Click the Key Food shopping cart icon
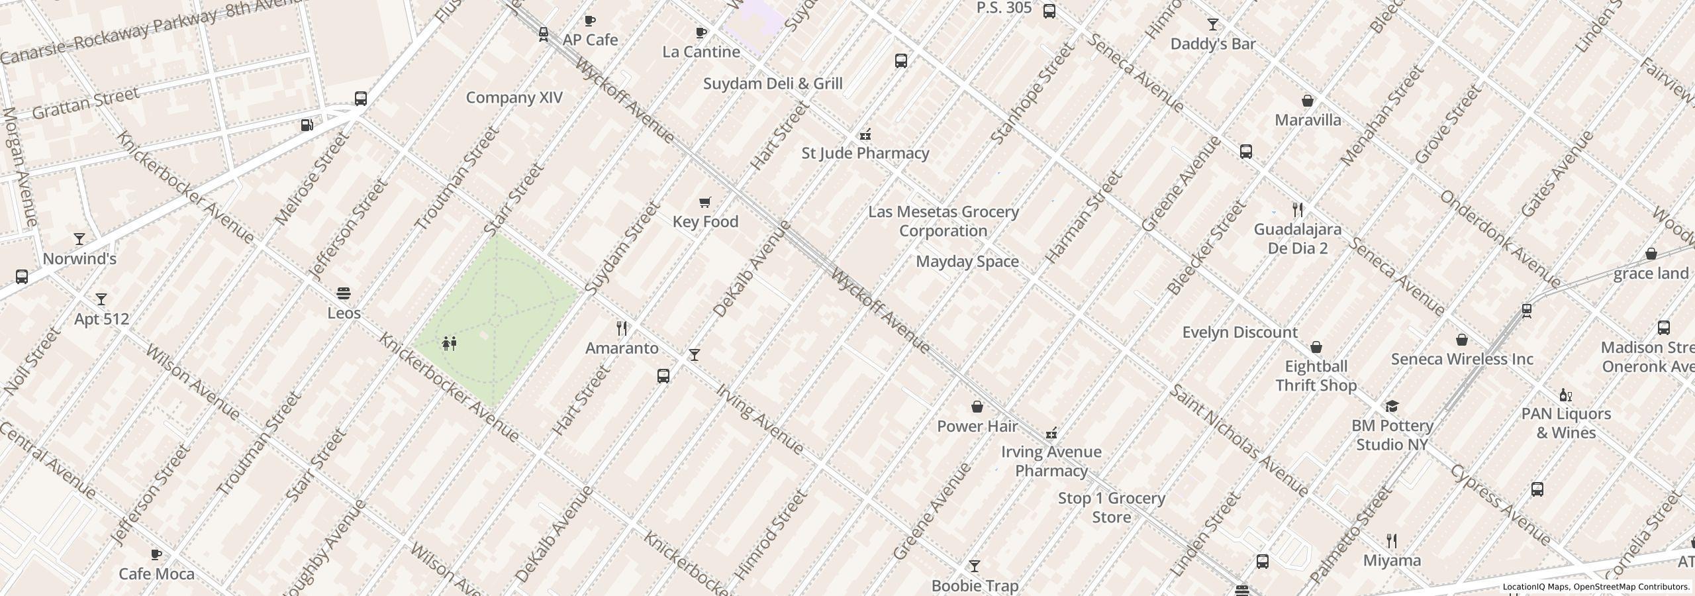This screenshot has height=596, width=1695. [x=705, y=203]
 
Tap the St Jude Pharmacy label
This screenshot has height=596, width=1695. [x=865, y=153]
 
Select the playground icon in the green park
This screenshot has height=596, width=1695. [x=450, y=344]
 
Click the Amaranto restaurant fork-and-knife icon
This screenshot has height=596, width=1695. [x=622, y=328]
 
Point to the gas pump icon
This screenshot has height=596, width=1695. [x=307, y=124]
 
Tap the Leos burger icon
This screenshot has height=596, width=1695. [x=344, y=293]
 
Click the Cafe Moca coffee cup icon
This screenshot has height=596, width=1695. [x=156, y=554]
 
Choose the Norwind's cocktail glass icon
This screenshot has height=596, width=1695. [x=79, y=239]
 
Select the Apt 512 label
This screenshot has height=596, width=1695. [x=101, y=319]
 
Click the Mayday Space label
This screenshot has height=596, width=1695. [x=967, y=262]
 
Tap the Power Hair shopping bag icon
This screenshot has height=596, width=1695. [x=977, y=407]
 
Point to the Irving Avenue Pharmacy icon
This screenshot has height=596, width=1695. [x=1051, y=434]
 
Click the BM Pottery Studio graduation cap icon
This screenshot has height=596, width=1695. [x=1392, y=406]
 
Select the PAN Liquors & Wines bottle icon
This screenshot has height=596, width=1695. [x=1565, y=395]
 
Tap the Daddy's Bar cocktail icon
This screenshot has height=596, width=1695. [x=1212, y=25]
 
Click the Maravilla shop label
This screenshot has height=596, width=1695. [x=1308, y=120]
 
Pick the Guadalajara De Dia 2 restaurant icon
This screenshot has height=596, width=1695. [x=1298, y=210]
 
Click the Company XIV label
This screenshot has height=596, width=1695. [x=514, y=98]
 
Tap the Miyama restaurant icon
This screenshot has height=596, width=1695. [x=1392, y=541]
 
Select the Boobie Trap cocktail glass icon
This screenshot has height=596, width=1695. [x=974, y=566]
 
